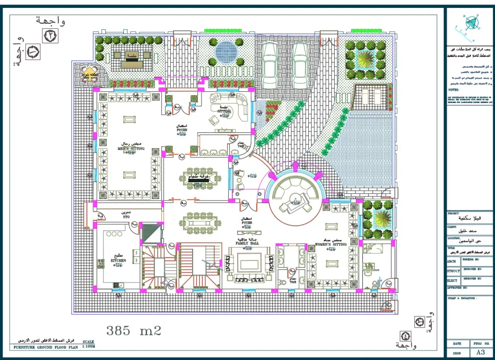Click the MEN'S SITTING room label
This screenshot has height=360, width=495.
(x=131, y=148)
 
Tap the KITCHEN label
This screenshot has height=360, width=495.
(x=118, y=260)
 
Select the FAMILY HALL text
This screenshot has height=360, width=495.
(x=247, y=244)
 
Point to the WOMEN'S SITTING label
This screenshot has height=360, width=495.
(x=331, y=244)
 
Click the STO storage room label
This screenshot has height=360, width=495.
(x=126, y=217)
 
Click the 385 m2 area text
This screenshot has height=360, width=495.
(x=134, y=329)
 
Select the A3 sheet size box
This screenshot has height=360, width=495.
(x=480, y=353)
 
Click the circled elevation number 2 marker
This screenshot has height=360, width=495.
(x=51, y=36)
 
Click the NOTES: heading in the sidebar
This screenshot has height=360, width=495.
(x=454, y=90)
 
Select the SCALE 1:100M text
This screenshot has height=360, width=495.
(x=88, y=345)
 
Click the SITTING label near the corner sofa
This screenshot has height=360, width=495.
(x=224, y=111)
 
